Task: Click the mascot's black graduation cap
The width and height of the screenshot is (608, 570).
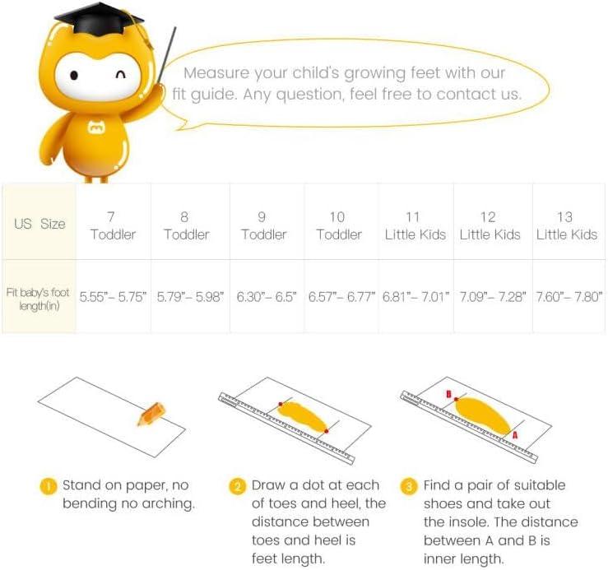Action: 99,20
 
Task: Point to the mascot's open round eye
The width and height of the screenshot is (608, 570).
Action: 74,75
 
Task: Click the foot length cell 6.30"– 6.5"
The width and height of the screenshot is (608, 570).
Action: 267,296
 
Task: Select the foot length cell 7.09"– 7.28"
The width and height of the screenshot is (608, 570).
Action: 493,296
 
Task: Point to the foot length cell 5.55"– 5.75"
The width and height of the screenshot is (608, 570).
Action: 114,296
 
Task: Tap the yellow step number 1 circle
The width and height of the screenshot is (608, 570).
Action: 49,486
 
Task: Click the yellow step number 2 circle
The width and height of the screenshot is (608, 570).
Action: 237,486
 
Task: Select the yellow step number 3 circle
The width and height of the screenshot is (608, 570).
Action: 409,486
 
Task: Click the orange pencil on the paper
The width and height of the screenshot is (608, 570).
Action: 151,414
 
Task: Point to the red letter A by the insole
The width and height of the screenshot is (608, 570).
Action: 515,435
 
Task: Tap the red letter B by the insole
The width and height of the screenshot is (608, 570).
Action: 448,394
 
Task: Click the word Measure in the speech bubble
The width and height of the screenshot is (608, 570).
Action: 216,73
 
